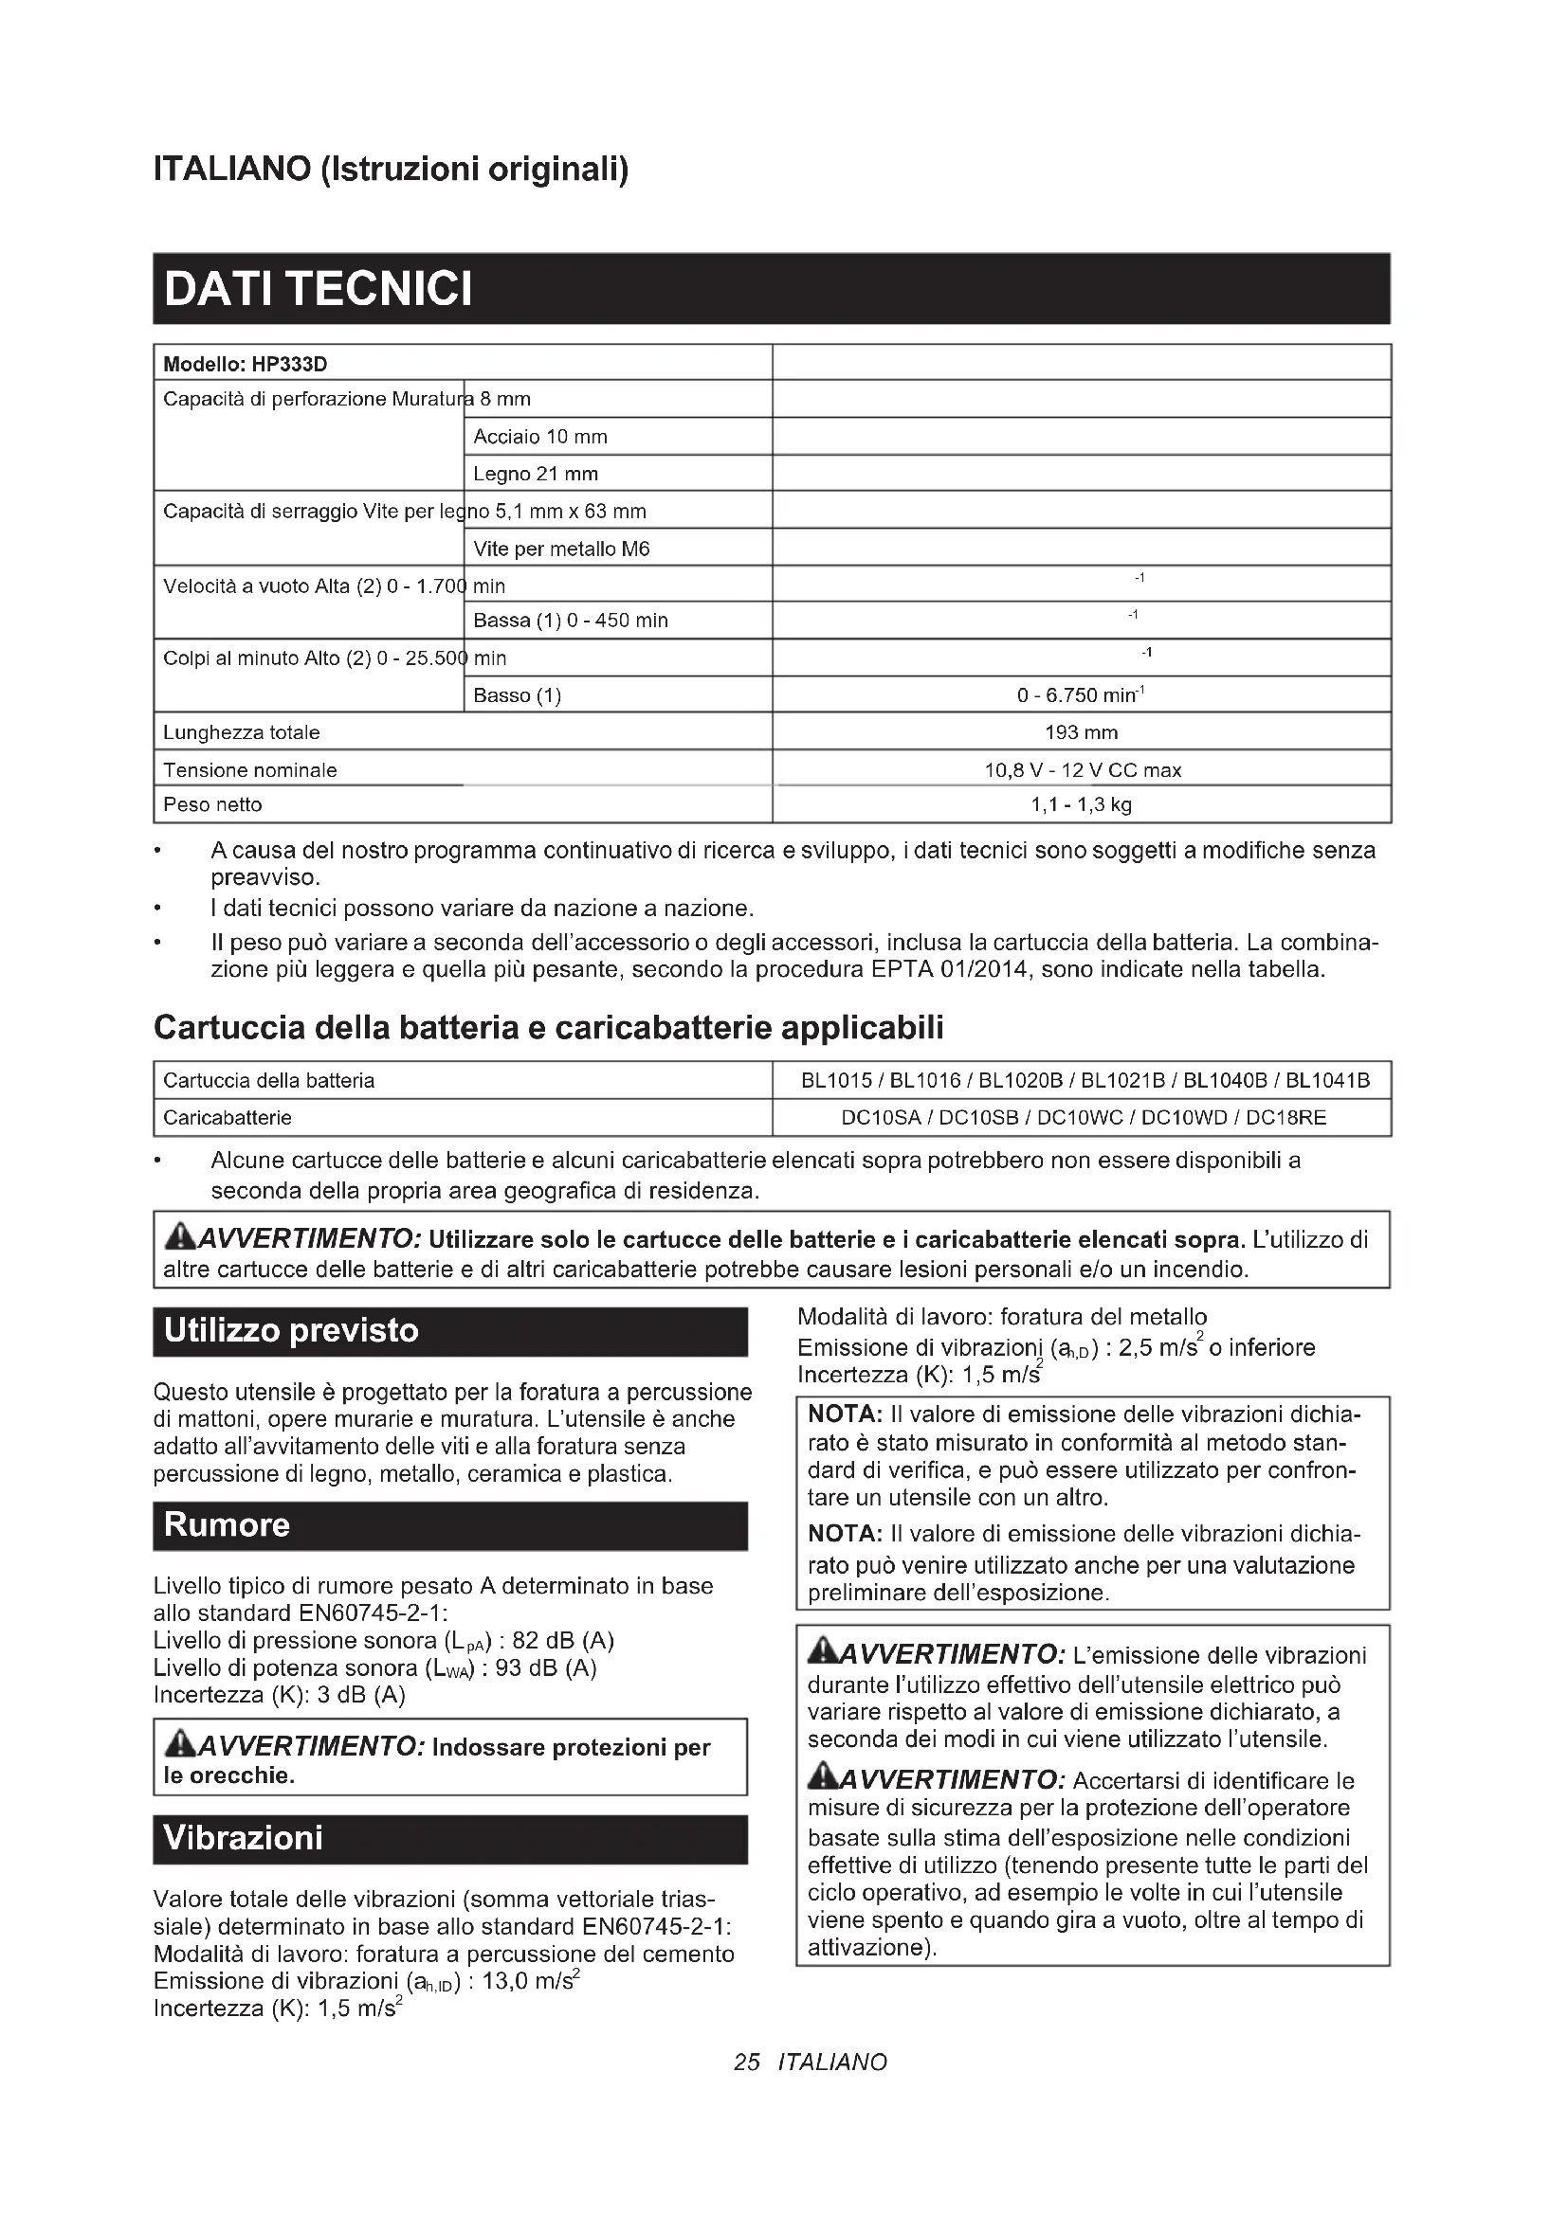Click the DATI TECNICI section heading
tap(319, 289)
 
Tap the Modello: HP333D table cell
tap(246, 364)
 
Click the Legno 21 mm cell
tap(535, 474)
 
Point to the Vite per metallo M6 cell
tap(561, 549)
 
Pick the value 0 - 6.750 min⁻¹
tap(1081, 694)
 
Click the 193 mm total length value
tap(1081, 732)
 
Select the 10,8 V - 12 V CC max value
tap(1082, 770)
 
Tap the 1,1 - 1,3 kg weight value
tap(1081, 804)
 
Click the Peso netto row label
tap(212, 804)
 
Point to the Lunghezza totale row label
tap(242, 732)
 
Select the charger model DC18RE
tap(1286, 1118)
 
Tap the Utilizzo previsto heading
tap(292, 1331)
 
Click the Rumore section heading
tap(227, 1526)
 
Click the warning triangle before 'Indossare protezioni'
tap(178, 1744)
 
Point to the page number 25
tap(746, 2063)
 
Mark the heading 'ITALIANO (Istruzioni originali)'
tap(391, 170)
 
